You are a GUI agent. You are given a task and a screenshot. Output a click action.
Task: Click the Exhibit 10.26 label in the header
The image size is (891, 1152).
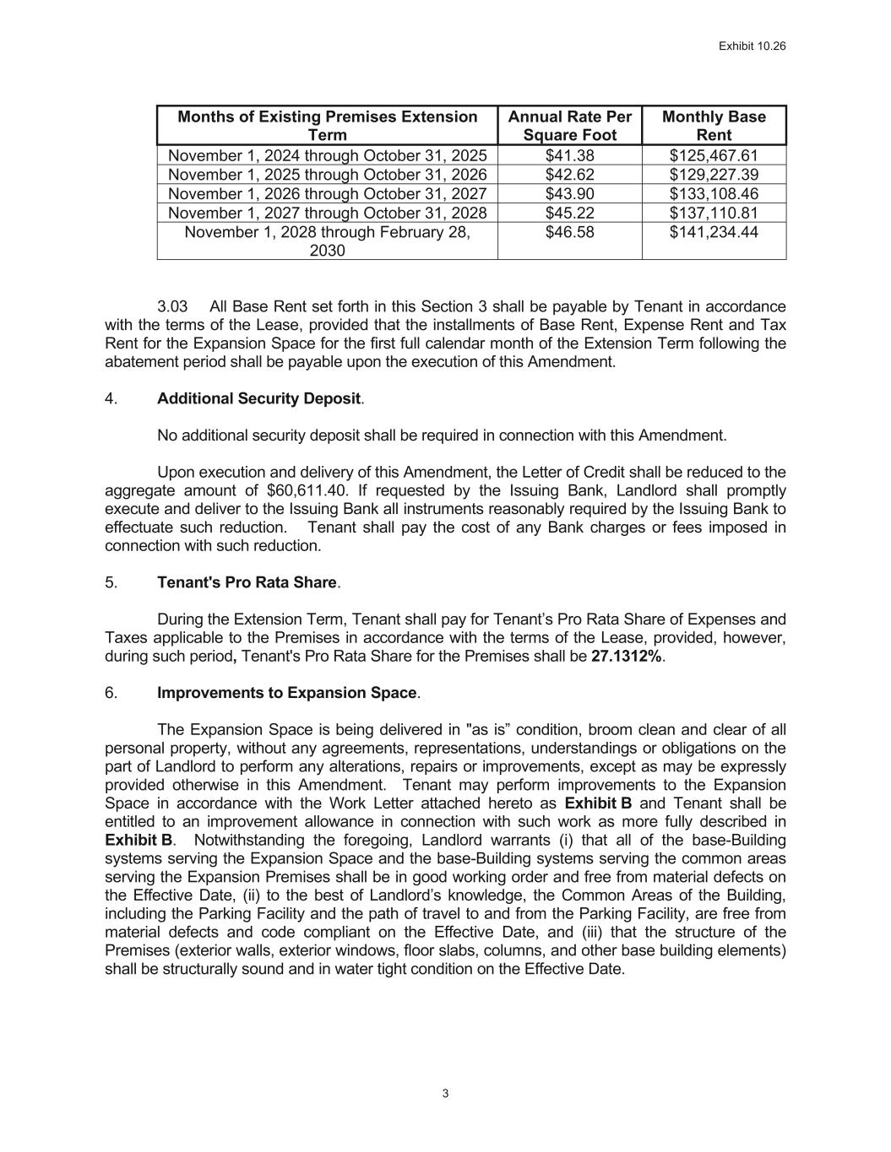[x=752, y=46]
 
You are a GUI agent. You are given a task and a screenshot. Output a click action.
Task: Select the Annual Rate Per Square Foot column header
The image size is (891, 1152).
[x=570, y=126]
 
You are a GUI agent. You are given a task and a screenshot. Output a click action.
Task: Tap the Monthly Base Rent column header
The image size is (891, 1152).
[x=714, y=126]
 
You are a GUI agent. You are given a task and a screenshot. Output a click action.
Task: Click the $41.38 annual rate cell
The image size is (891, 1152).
[x=570, y=156]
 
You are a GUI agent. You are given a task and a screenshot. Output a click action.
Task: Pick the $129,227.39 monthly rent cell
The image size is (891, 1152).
[x=714, y=175]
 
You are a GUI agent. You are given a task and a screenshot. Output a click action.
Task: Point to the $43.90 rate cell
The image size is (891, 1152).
[x=570, y=194]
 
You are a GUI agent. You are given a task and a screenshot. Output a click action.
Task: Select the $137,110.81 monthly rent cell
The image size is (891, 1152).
[x=714, y=213]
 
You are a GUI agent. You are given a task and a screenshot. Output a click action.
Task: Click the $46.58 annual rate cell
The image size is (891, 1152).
[x=570, y=232]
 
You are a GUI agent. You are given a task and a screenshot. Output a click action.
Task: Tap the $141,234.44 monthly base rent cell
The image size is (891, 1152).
[x=714, y=232]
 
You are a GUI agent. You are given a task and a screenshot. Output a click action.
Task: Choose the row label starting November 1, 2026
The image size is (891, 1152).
[x=328, y=194]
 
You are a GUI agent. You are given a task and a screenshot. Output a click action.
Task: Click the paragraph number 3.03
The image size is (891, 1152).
[x=172, y=306]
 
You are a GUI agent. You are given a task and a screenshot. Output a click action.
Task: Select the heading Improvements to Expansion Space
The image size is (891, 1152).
[x=287, y=693]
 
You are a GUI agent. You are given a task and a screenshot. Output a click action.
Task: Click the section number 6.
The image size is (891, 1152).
[x=111, y=693]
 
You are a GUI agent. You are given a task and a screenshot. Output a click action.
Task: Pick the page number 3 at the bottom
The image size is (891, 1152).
[x=445, y=1095]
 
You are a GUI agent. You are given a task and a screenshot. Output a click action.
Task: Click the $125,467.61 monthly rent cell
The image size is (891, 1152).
[x=714, y=156]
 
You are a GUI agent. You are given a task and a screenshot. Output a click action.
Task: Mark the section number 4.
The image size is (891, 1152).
[x=111, y=398]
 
